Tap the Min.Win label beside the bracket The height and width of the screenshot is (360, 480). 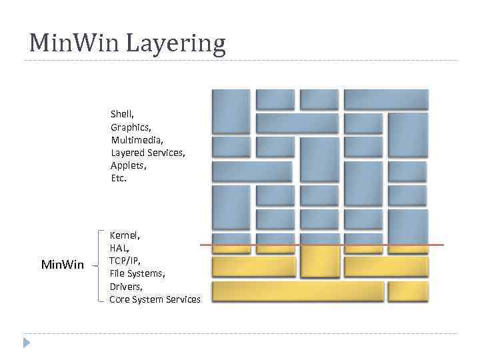[x=63, y=265]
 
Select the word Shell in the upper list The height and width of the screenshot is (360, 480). [x=122, y=115]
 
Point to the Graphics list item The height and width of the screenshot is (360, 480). [x=131, y=127]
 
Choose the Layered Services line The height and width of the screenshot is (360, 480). [x=148, y=153]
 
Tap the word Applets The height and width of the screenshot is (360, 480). [x=128, y=165]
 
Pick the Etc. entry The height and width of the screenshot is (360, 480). [x=119, y=178]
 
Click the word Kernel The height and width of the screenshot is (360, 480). [x=125, y=235]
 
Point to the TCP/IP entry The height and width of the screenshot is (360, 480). [x=125, y=261]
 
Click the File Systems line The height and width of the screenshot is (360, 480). [x=137, y=273]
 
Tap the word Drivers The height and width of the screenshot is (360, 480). [x=126, y=286]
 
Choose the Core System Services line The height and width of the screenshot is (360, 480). [x=155, y=299]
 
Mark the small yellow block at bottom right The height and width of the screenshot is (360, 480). [x=407, y=291]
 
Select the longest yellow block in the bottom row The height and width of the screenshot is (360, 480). [x=297, y=291]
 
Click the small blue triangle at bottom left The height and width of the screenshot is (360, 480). [x=27, y=343]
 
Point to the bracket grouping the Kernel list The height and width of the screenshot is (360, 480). [x=99, y=266]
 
